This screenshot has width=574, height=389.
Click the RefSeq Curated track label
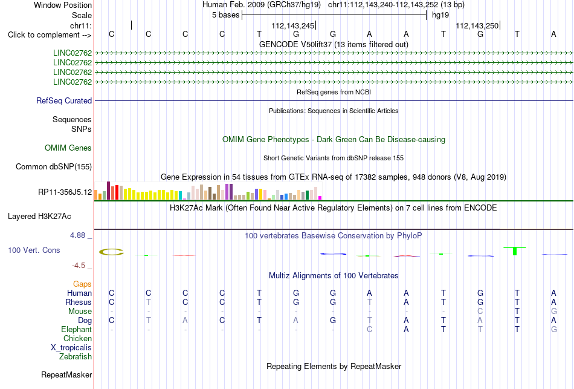pyautogui.click(x=64, y=101)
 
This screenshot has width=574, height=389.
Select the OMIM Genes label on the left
pyautogui.click(x=68, y=148)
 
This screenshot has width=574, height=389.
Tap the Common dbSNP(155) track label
pyautogui.click(x=54, y=167)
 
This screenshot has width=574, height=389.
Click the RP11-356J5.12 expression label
pyautogui.click(x=65, y=192)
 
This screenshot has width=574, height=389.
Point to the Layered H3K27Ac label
pyautogui.click(x=39, y=217)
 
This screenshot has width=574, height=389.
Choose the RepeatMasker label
pyautogui.click(x=66, y=374)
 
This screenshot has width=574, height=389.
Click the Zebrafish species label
pyautogui.click(x=76, y=356)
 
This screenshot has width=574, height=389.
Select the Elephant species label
pyautogui.click(x=76, y=329)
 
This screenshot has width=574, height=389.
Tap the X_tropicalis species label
pyautogui.click(x=71, y=348)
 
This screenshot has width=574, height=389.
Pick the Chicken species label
pyautogui.click(x=77, y=338)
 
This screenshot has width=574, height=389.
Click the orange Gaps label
pyautogui.click(x=82, y=284)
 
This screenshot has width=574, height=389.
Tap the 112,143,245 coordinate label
pyautogui.click(x=293, y=25)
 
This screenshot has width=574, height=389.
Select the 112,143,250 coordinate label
pyautogui.click(x=477, y=25)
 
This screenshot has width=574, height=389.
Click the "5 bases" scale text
pyautogui.click(x=225, y=15)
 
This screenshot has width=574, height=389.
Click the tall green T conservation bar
pyautogui.click(x=515, y=251)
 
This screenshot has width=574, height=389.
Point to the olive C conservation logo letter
pyautogui.click(x=111, y=252)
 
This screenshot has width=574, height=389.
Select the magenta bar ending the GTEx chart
pyautogui.click(x=320, y=198)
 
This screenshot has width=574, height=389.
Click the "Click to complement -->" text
pyautogui.click(x=50, y=35)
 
